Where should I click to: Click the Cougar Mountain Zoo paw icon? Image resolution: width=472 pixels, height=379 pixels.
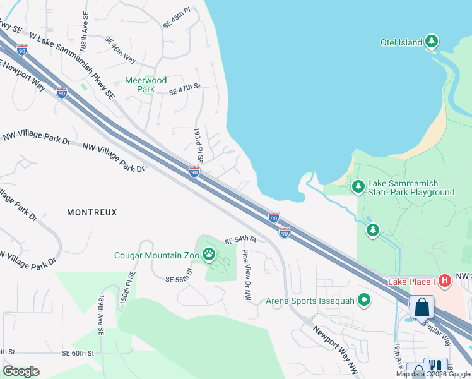pos(209,255)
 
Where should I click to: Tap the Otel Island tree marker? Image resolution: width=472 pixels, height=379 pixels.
pos(432,42)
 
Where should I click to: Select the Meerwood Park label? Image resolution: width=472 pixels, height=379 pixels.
pos(146,85)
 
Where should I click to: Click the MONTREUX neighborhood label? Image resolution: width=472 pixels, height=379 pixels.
pos(92,212)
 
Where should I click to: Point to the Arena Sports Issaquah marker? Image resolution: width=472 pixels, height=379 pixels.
pos(363,301)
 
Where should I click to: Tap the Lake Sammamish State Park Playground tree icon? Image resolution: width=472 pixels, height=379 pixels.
pos(358,186)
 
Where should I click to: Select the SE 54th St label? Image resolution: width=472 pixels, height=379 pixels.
pos(240,240)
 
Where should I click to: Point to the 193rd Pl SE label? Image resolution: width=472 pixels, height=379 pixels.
pos(197,146)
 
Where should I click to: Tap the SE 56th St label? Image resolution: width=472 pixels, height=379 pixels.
pos(179,279)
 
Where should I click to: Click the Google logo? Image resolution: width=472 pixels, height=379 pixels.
pos(21,371)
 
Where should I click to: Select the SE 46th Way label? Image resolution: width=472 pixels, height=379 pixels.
pos(121,50)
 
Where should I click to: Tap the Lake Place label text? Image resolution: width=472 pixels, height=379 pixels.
pos(410,282)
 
